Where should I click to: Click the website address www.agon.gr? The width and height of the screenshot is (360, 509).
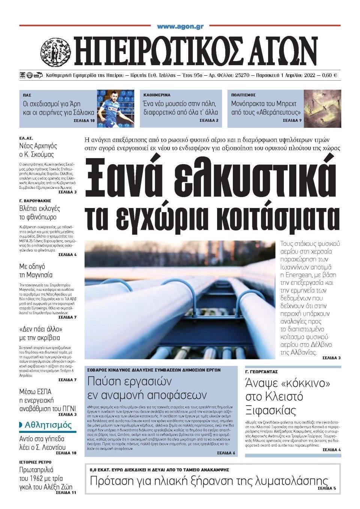(180, 26)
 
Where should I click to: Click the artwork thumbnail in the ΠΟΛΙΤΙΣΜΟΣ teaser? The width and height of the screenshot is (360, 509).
(322, 108)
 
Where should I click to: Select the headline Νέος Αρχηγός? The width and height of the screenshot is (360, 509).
(38, 146)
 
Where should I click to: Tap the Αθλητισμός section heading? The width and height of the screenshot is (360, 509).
(48, 425)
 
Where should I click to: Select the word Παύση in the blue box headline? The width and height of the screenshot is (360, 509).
(103, 382)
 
